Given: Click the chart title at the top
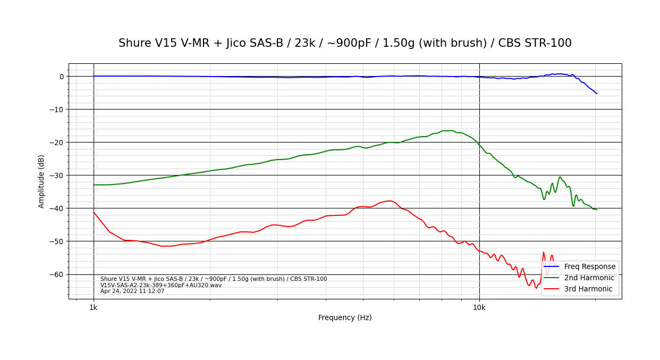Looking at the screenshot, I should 345,43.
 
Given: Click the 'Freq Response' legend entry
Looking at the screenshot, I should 589,266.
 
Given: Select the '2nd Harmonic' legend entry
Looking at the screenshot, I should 589,278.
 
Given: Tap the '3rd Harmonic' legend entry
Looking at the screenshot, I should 588,289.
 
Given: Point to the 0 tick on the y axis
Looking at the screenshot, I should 61,77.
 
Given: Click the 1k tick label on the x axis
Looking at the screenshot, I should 94,307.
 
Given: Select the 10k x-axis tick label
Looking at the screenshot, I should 479,307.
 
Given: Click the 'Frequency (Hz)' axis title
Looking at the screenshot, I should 345,317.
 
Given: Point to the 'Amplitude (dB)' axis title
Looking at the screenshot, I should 41,181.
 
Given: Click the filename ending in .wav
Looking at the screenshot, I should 161,285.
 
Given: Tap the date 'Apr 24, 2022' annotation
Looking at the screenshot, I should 132,291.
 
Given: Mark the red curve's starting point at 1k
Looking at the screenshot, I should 94,212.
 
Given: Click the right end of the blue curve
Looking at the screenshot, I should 597,94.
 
